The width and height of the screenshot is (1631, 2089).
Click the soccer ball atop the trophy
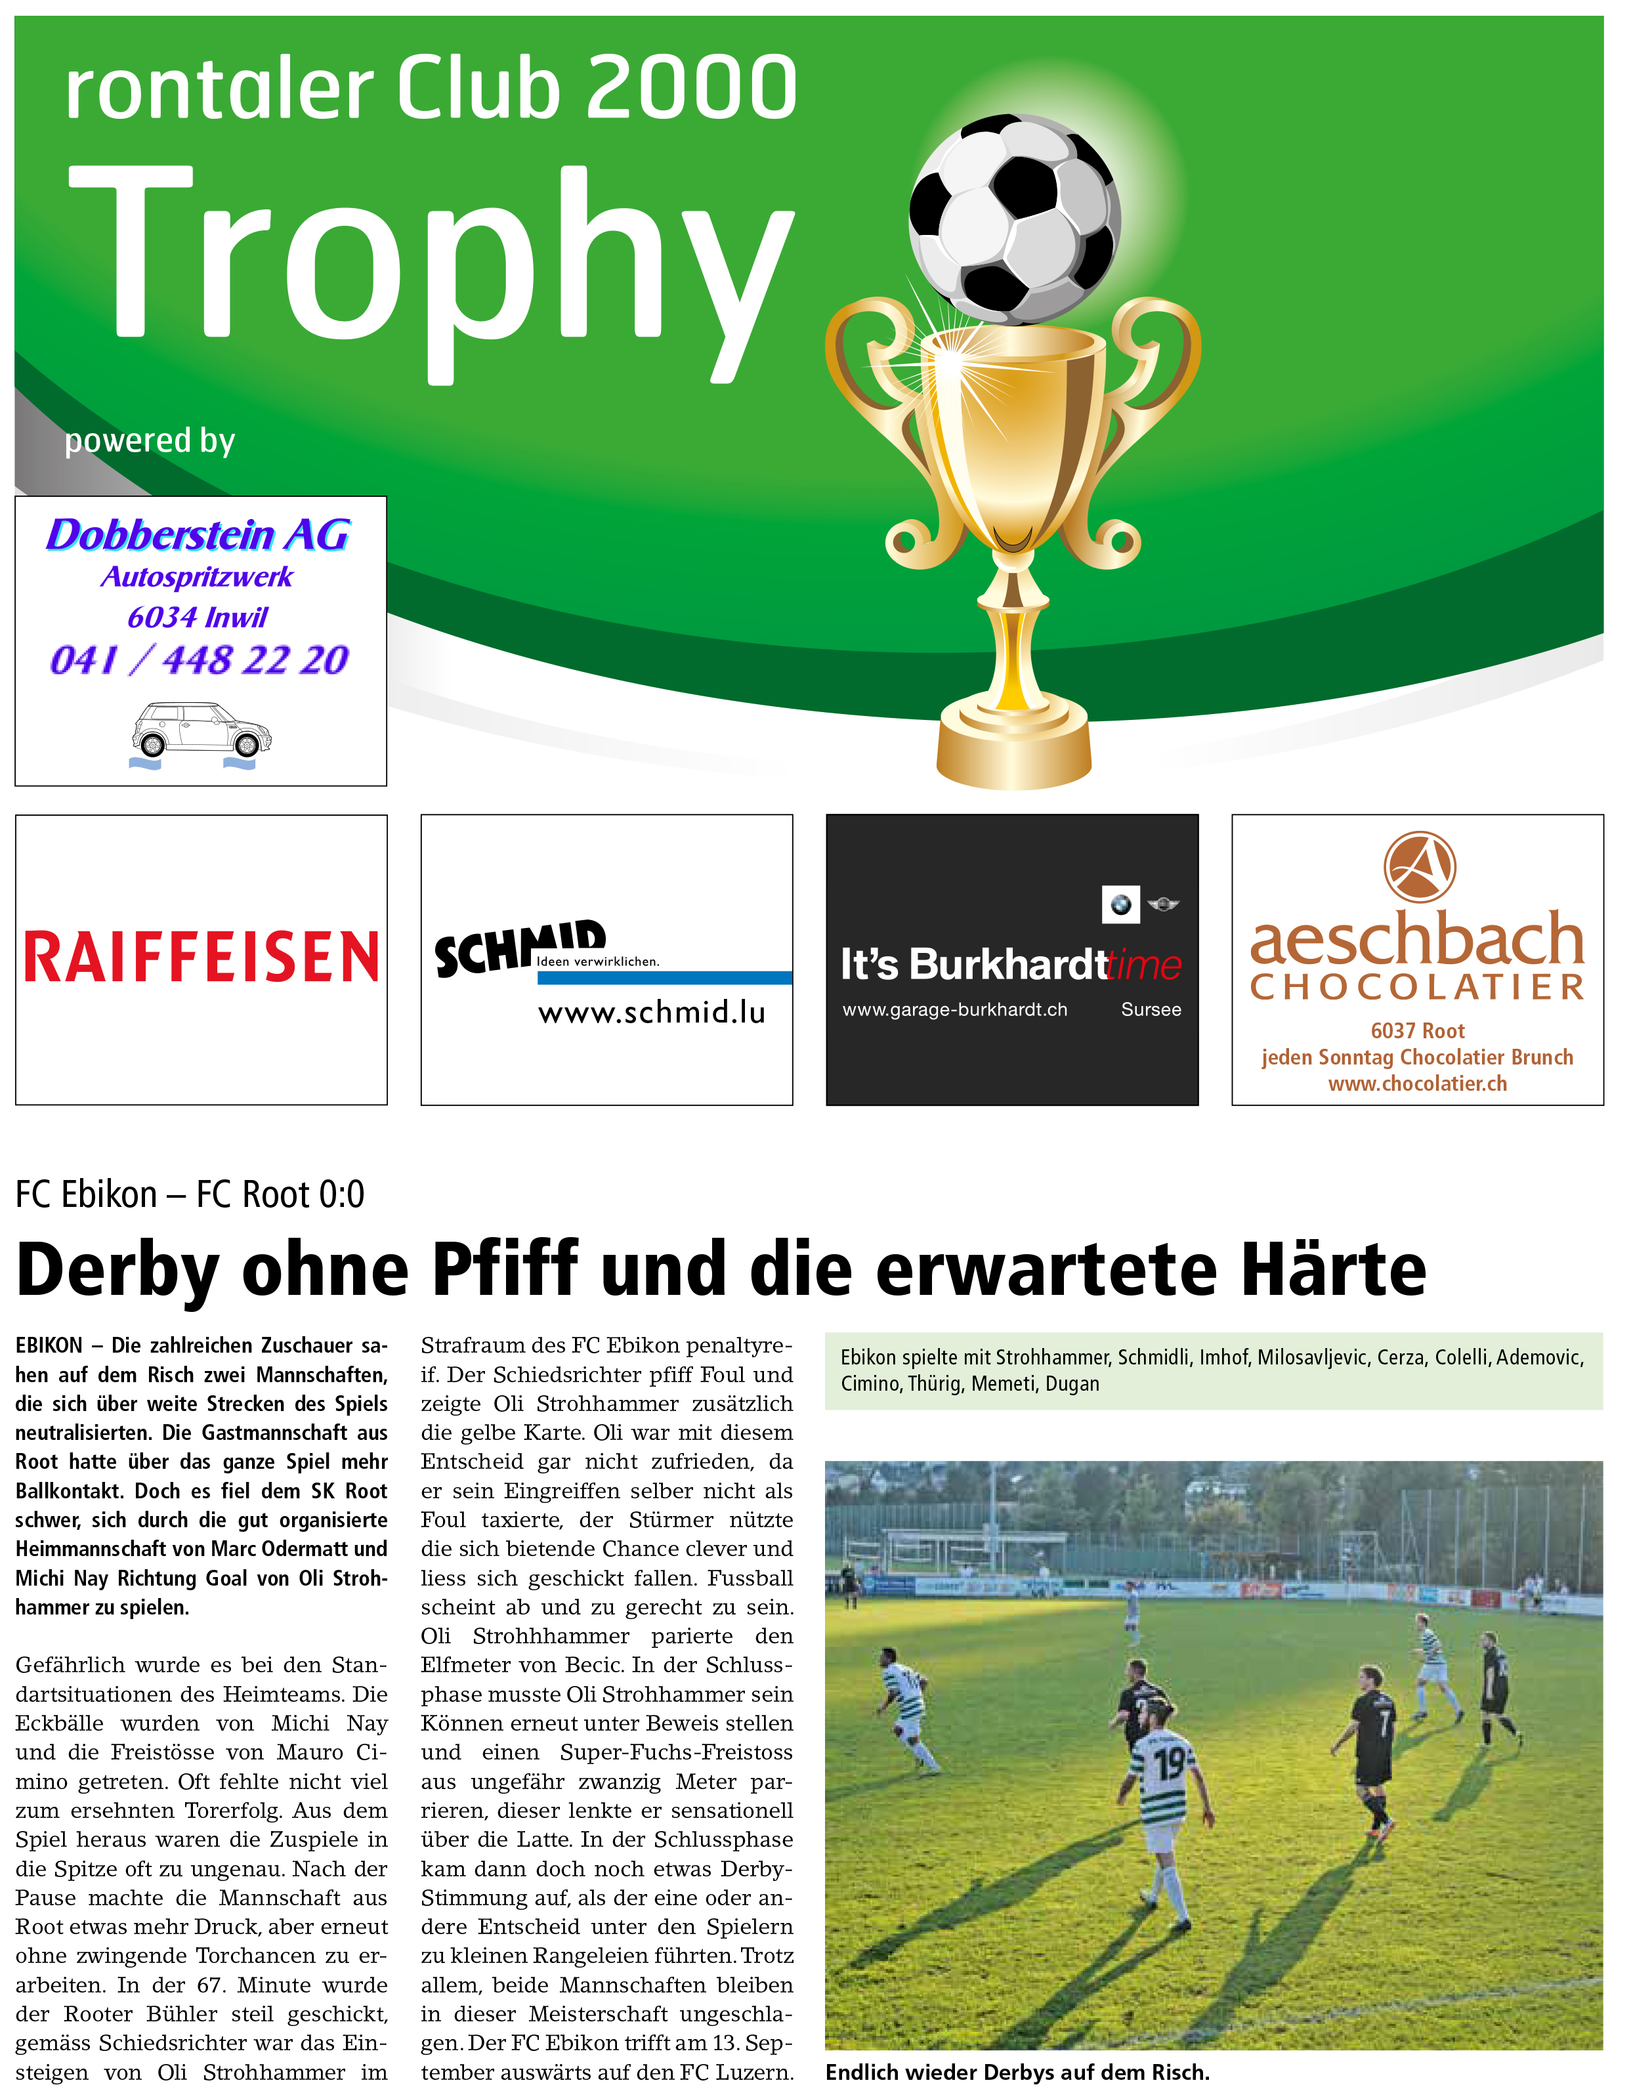pos(1014,219)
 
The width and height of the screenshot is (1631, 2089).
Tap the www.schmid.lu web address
pos(652,1012)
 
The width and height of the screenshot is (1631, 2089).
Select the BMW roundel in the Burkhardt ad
pos(1120,904)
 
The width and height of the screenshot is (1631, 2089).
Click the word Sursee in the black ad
pos(1151,1009)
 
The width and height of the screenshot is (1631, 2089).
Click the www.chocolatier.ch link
pos(1417,1084)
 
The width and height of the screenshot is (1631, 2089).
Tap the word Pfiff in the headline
pos(505,1269)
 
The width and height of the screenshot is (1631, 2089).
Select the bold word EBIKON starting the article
pos(49,1346)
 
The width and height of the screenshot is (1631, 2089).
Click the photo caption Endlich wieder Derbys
pos(1017,2072)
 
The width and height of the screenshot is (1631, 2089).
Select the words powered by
pos(149,441)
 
